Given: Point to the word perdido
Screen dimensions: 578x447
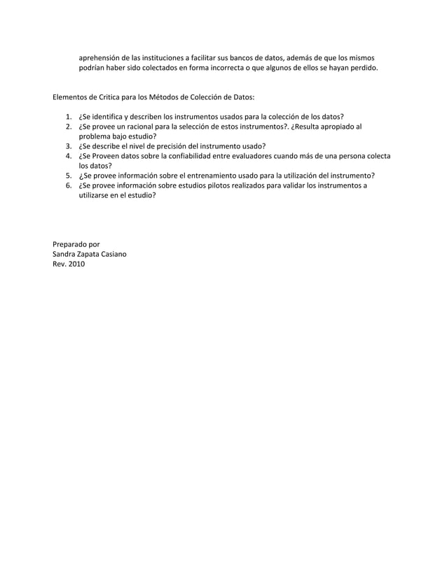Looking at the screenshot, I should point(362,69).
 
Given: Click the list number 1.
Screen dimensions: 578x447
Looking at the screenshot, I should point(68,116).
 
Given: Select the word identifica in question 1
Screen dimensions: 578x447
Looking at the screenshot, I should point(109,116).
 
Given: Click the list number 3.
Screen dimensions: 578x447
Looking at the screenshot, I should point(68,146).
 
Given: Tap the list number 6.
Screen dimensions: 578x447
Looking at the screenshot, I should point(68,185).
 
